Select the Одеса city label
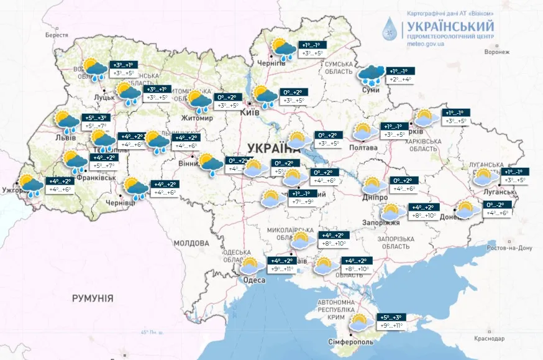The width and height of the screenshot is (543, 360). point(254,280)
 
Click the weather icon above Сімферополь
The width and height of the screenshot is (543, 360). point(360,323)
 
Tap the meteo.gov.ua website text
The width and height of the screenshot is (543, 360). point(426,44)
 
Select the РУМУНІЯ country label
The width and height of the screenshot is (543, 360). point(93,298)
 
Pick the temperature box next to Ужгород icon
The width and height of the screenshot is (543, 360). point(62,185)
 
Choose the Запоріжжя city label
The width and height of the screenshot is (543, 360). point(381,222)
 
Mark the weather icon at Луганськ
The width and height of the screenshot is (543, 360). point(486,178)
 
